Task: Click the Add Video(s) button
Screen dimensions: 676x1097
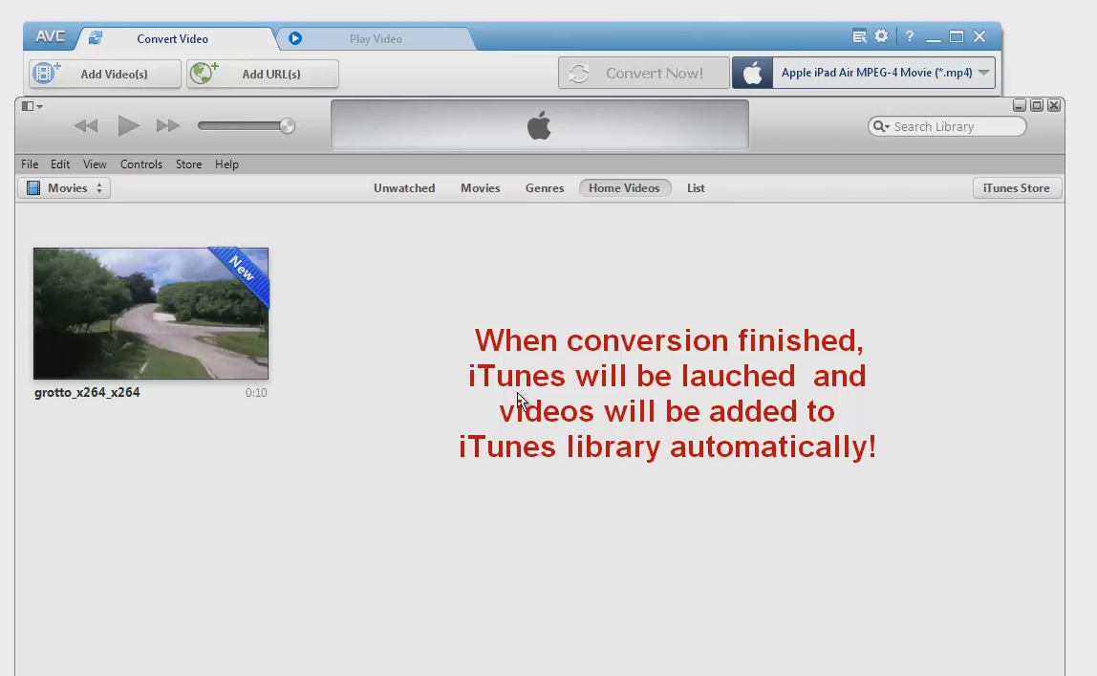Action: [x=105, y=74]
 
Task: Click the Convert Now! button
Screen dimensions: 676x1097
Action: [x=643, y=74]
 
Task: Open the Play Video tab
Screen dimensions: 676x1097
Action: [x=375, y=39]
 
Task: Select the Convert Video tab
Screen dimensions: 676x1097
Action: [x=172, y=39]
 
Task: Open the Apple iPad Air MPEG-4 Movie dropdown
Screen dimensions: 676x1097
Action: [x=864, y=73]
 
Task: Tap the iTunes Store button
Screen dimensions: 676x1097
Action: [x=1016, y=188]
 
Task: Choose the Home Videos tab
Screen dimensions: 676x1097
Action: [x=624, y=188]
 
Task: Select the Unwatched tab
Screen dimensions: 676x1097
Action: [x=404, y=188]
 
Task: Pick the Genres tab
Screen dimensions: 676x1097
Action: [x=545, y=188]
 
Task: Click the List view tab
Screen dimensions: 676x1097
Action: [x=696, y=188]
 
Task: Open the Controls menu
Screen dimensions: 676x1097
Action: [x=141, y=164]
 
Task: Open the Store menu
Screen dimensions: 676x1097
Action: [x=188, y=164]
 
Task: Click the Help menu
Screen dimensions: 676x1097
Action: [x=226, y=164]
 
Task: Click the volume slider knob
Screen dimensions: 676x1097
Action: [x=287, y=125]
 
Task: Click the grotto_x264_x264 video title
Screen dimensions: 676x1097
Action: [x=87, y=392]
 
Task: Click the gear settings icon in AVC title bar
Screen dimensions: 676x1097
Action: [x=881, y=36]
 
